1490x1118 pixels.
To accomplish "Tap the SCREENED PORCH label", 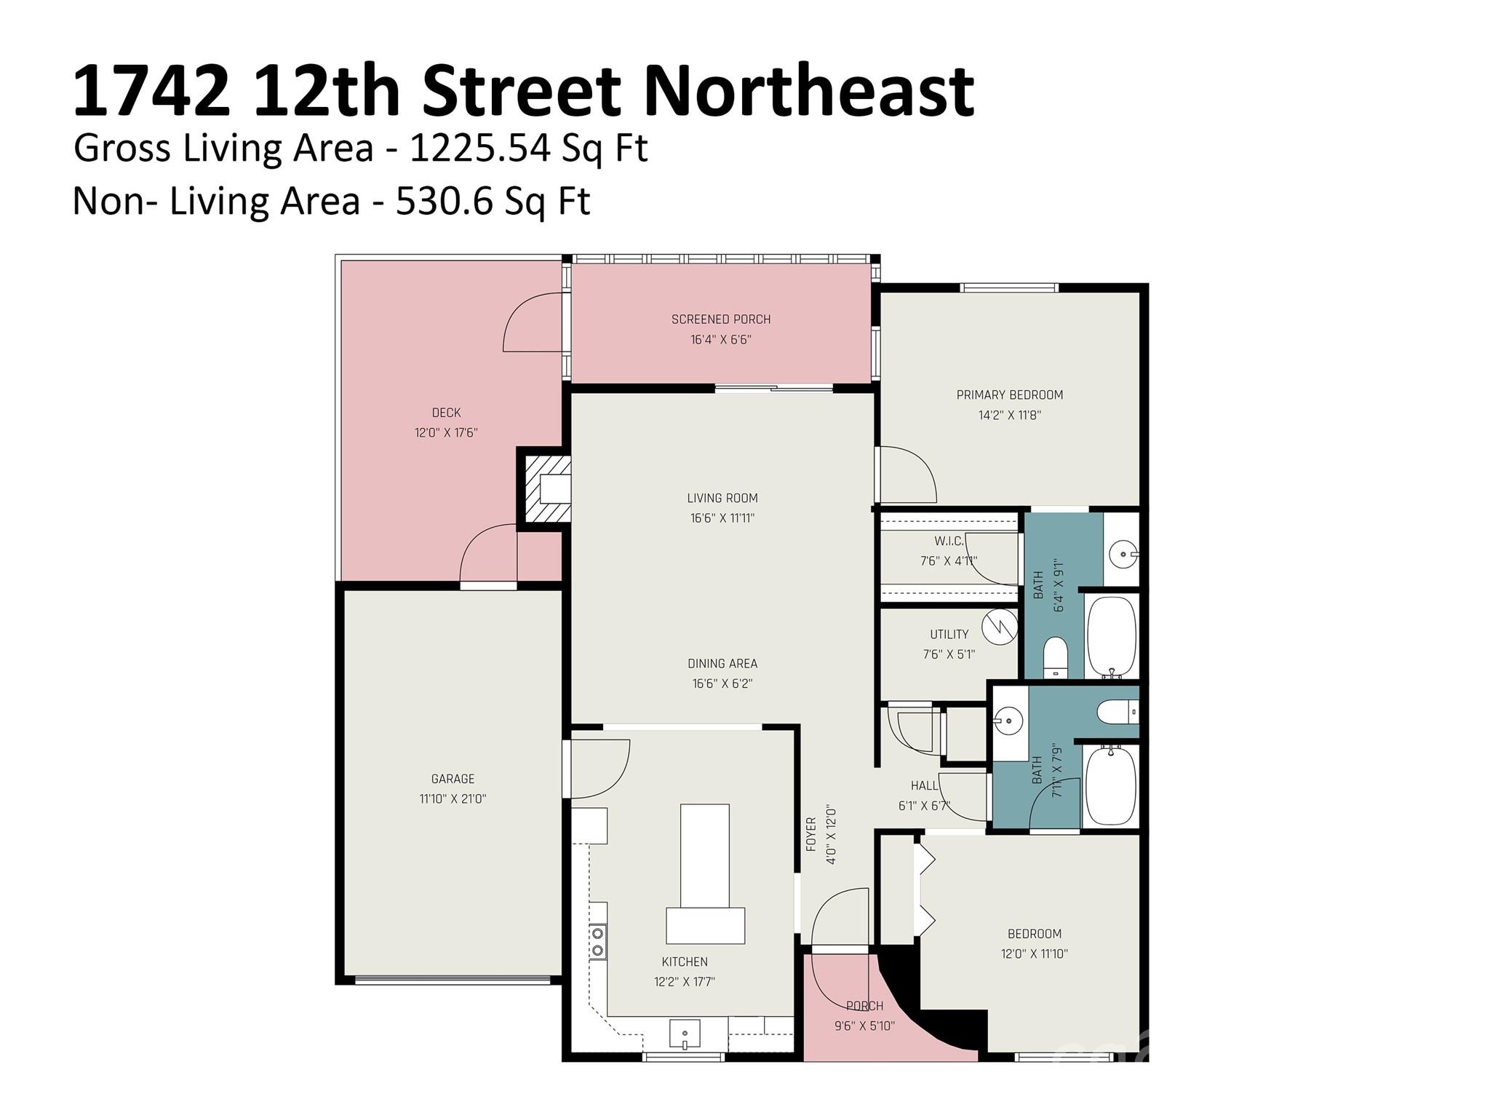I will click(x=720, y=320).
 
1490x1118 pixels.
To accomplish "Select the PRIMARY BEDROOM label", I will click(x=1009, y=395).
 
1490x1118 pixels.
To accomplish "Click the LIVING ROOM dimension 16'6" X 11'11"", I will click(x=722, y=519).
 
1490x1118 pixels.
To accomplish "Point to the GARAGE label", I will click(x=453, y=779).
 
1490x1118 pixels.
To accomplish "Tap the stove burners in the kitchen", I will click(x=598, y=941).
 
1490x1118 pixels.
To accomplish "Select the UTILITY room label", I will click(x=949, y=635).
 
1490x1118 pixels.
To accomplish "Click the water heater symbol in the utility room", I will click(x=999, y=627).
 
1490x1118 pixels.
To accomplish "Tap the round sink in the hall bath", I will click(x=1008, y=721).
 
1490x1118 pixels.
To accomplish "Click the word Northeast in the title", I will click(x=808, y=91).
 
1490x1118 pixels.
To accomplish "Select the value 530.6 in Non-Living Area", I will click(x=444, y=202).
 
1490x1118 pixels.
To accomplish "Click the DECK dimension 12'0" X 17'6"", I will click(x=445, y=433).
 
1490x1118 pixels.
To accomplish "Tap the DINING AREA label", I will click(x=722, y=664).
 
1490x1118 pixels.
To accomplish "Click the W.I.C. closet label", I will click(x=949, y=542).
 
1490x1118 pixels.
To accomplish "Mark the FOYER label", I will click(x=811, y=834).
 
